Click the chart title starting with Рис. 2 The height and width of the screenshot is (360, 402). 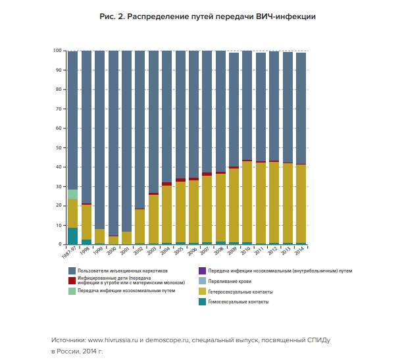coord(207,16)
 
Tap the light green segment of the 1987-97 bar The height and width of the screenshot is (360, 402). coord(72,194)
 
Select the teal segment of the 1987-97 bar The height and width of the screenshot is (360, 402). coord(72,236)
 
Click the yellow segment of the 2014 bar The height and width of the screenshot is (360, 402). coord(301,203)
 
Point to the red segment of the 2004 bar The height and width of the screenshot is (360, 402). coord(166,184)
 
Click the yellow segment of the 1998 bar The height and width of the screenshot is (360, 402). coord(86,222)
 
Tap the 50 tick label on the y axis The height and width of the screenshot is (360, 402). coord(59,147)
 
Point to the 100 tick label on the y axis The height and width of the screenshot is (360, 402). coord(57,51)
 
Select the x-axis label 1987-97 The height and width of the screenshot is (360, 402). coord(69,252)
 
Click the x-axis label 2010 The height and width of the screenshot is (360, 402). coord(246,251)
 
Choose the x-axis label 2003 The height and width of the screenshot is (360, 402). coord(152,251)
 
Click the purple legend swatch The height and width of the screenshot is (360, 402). coord(202,270)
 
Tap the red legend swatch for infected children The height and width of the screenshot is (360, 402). coord(72,280)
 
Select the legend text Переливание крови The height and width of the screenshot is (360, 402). coord(230,281)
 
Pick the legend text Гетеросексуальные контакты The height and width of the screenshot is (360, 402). coord(241,292)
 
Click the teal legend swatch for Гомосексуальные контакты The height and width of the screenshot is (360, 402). coord(202,302)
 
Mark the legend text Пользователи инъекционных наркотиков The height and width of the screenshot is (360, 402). coord(122,270)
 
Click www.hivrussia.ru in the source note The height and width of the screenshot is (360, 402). coord(113,340)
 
